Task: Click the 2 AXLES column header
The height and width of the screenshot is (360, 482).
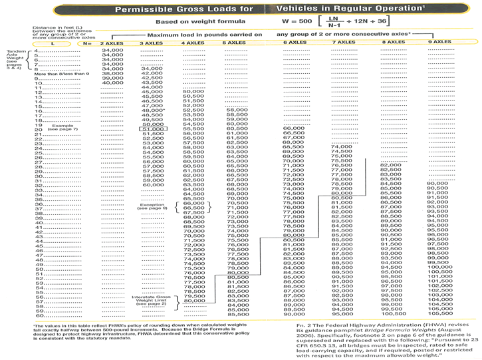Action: point(112,43)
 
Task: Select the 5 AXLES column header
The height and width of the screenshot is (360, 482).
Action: point(235,43)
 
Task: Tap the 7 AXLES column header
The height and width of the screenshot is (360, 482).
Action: point(344,43)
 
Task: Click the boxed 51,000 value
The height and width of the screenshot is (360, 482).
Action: point(152,129)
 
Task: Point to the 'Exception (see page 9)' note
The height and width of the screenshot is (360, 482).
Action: point(152,206)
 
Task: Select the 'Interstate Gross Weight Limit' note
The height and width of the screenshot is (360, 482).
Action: point(152,301)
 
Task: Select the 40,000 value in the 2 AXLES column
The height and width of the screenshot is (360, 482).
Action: point(112,83)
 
